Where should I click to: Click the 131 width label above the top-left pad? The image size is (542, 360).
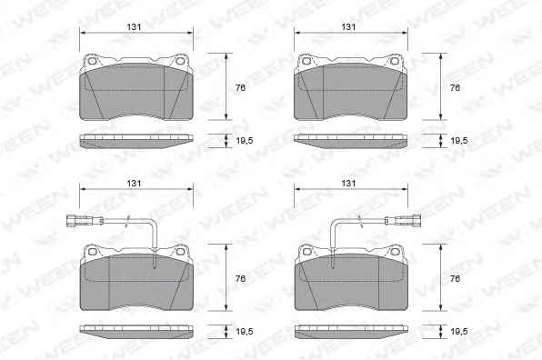[134, 27]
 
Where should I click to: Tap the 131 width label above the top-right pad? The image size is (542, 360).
[348, 27]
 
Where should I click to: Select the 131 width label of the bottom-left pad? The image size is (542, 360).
[134, 183]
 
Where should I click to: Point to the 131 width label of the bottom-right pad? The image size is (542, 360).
[348, 183]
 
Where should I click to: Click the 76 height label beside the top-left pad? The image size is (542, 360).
[240, 88]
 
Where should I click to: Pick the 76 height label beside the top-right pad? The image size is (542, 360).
[455, 88]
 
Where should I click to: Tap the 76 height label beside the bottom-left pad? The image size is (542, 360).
[240, 278]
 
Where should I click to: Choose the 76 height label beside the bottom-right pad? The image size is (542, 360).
[455, 278]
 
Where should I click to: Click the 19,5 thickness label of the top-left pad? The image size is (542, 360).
[245, 141]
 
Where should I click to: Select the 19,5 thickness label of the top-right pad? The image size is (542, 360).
[459, 141]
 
